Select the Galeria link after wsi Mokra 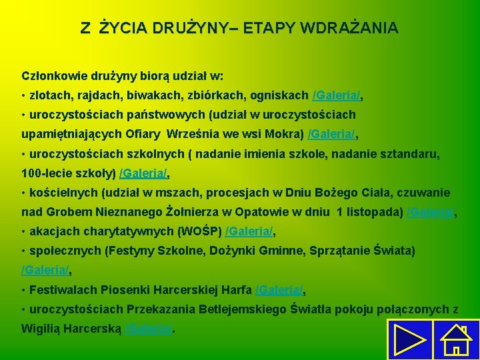(x=331, y=135)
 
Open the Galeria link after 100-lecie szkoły (x=143, y=174)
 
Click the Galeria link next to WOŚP (x=249, y=232)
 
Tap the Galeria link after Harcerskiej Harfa (x=279, y=290)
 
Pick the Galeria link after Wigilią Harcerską (x=149, y=329)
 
